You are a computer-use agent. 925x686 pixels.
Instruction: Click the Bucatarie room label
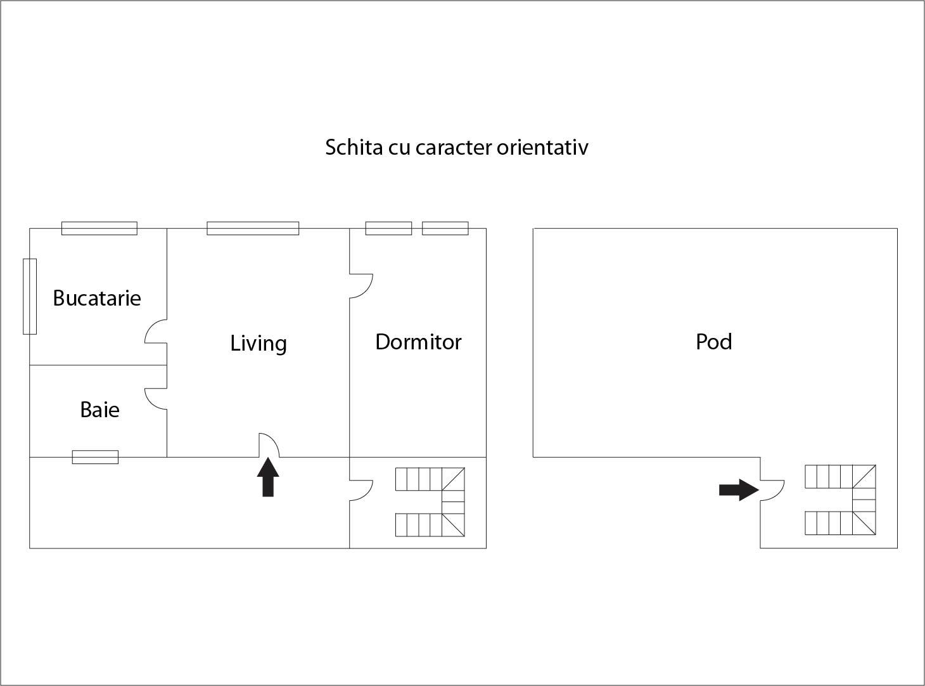coord(96,298)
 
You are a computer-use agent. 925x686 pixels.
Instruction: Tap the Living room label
coord(258,343)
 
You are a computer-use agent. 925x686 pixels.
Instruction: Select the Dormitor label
coord(418,342)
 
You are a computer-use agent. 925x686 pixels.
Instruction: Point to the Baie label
coord(99,410)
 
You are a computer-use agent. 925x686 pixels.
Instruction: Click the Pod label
coord(714,342)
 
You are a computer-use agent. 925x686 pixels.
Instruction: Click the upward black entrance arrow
coord(268,477)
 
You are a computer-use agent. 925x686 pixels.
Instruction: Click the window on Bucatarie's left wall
coord(30,296)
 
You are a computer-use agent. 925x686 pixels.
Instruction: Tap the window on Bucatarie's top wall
coord(99,228)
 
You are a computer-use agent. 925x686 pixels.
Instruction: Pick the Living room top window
coord(253,228)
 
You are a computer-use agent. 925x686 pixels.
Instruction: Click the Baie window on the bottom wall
coord(95,457)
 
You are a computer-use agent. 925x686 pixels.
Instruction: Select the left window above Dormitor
coord(388,228)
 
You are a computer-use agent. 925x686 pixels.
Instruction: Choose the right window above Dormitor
coord(445,228)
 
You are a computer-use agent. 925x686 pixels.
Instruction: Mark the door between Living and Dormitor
coord(360,285)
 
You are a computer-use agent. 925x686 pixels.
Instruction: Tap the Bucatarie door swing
coord(156,332)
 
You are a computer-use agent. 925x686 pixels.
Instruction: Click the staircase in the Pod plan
coord(840,500)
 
